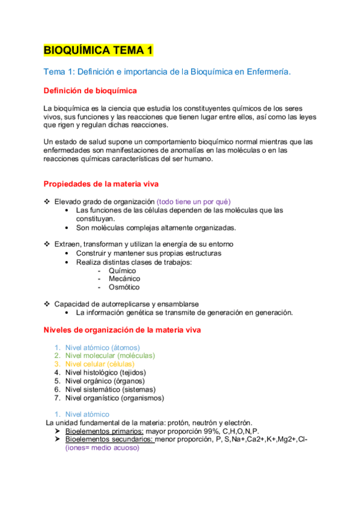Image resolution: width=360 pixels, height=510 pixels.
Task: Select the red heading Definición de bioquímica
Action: [90, 91]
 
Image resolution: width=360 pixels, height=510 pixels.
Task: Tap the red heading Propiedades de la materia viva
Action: [101, 183]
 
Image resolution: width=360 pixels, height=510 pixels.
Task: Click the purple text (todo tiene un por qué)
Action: [194, 201]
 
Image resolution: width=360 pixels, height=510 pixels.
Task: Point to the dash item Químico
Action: [122, 271]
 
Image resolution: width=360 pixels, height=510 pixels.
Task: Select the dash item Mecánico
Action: [124, 279]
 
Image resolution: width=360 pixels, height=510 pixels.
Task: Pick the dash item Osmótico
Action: [124, 287]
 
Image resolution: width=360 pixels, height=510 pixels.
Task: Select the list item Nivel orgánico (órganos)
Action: [100, 381]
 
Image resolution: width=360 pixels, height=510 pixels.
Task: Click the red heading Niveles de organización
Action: [123, 330]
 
